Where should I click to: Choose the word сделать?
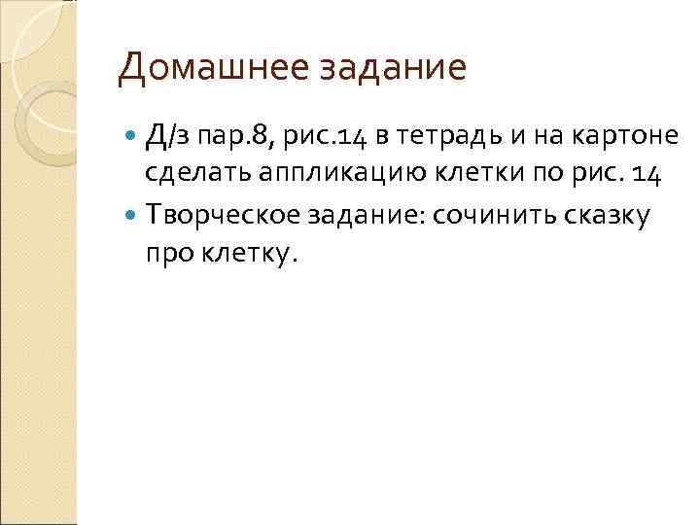click(200, 176)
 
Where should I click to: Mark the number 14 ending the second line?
click(647, 176)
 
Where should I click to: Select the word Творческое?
click(227, 214)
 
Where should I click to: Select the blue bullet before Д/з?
click(132, 141)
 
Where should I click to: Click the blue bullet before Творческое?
click(132, 216)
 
